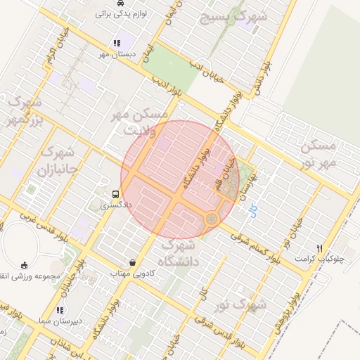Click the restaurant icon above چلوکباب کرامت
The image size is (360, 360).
pos(321,248)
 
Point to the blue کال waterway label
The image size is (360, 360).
pos(254,209)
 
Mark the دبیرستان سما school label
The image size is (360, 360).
pos(59,320)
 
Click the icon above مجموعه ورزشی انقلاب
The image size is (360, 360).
pos(25,265)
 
